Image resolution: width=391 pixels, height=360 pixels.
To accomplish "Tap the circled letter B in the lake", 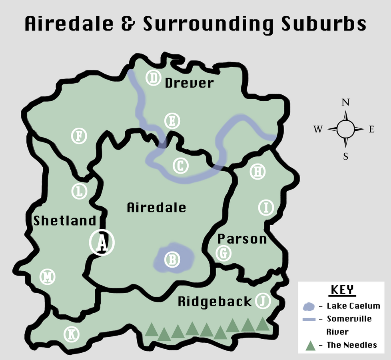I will (172, 260).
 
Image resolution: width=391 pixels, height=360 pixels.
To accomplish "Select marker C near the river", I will (180, 166).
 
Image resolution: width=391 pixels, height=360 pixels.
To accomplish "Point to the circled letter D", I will (153, 78).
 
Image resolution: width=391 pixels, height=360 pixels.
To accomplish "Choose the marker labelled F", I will (79, 136).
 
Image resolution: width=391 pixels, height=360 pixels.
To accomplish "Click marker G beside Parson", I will (223, 253).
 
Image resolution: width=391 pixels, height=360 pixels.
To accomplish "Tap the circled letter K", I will (72, 334).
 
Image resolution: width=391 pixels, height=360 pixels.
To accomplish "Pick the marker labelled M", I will (48, 276).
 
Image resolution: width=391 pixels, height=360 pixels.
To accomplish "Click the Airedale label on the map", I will (156, 208).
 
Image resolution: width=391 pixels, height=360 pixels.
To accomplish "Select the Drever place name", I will (190, 83).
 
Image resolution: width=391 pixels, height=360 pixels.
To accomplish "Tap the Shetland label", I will (65, 221).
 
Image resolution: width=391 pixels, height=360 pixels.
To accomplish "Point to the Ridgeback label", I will (215, 302).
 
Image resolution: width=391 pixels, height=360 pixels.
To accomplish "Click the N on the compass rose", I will (345, 102).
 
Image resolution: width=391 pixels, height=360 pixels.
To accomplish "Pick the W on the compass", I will (318, 129).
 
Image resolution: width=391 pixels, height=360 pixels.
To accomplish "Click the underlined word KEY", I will (343, 290).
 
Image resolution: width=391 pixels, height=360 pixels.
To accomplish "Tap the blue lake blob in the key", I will (309, 307).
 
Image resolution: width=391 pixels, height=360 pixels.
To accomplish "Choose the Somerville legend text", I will (349, 319).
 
